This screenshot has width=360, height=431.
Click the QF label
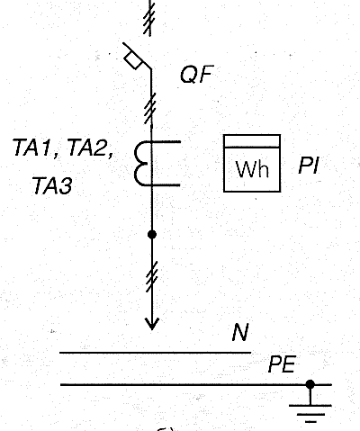coord(197,75)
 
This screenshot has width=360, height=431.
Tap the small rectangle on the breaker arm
coord(133,60)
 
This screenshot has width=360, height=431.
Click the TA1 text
coord(32,148)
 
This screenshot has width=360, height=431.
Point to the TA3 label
coord(52,185)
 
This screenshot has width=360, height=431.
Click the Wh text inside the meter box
coord(252,169)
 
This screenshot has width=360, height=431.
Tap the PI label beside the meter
coord(309,166)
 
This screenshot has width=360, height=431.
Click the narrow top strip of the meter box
coord(252,141)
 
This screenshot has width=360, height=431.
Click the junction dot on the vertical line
coord(152,234)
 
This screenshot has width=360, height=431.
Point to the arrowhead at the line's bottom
coord(152,324)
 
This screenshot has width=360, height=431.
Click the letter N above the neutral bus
coord(240,332)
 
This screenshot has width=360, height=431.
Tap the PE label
coord(282,364)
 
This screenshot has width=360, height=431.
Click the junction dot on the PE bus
coord(310,384)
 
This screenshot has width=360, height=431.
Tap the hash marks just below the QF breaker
coord(150,109)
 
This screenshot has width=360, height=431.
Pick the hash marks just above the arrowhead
coord(152,276)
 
